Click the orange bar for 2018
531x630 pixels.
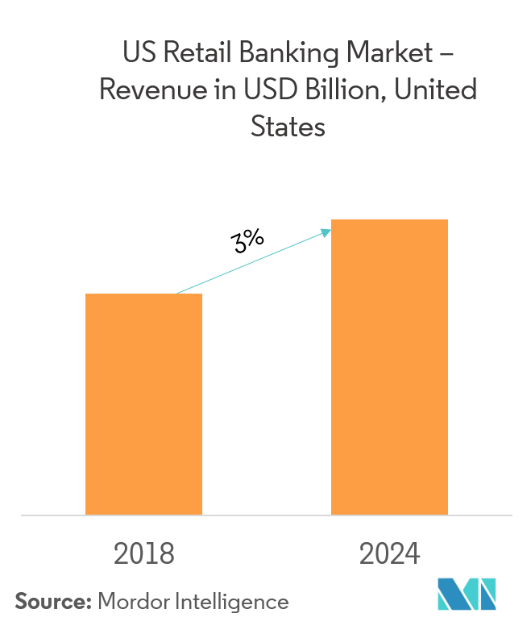(143, 403)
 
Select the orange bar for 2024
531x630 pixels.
(389, 366)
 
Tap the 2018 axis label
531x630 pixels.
(144, 554)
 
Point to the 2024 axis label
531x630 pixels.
(389, 554)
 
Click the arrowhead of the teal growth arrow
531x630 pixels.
(326, 232)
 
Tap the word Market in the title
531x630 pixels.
(386, 53)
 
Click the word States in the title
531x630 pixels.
(288, 126)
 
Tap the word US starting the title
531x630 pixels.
(135, 53)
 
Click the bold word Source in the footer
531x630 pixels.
(53, 602)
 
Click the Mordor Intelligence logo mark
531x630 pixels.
(467, 598)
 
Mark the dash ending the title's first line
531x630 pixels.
(446, 55)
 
